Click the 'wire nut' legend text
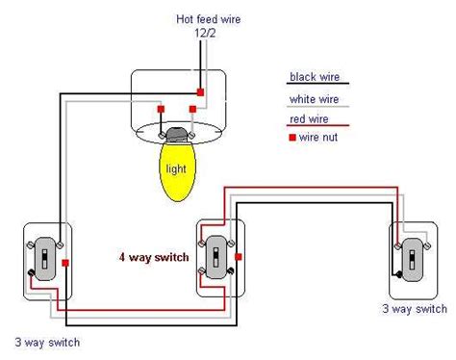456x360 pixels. tap(319, 139)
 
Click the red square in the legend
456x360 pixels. tap(292, 139)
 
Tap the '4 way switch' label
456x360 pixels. tap(154, 257)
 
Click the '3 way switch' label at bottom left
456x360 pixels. tap(46, 343)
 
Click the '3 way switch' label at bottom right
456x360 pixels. tap(413, 309)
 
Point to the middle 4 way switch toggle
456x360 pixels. tap(217, 256)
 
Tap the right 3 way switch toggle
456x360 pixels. tap(412, 257)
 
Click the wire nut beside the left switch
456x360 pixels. tap(63, 261)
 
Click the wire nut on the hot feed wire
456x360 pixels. tap(199, 91)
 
